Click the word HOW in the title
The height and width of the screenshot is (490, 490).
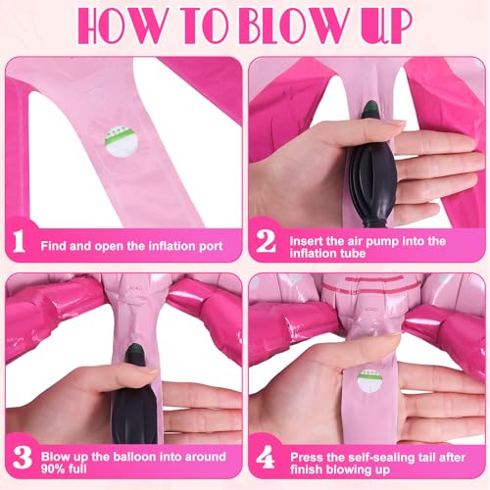(x=121, y=25)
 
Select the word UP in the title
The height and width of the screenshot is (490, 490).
(x=384, y=26)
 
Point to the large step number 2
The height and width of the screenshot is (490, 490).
(x=266, y=241)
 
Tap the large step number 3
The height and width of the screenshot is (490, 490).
(x=23, y=457)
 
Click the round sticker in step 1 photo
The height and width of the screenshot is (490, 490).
(x=121, y=142)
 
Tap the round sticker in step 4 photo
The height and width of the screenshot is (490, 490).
(x=370, y=381)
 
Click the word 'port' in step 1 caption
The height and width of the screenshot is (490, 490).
(x=211, y=246)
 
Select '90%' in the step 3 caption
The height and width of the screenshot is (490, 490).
(x=52, y=468)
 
